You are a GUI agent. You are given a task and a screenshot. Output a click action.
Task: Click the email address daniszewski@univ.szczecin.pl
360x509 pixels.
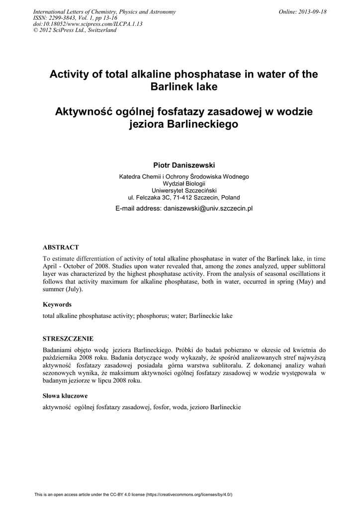208,208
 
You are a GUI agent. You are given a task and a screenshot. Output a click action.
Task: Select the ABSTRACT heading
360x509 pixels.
61,247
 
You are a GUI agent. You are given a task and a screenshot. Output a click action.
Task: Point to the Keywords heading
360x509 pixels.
57,304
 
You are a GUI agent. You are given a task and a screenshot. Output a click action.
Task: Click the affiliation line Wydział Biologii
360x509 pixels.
184,183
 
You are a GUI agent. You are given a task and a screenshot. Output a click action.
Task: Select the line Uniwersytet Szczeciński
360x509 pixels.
184,190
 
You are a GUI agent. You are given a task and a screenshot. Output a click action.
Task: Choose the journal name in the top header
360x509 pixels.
103,11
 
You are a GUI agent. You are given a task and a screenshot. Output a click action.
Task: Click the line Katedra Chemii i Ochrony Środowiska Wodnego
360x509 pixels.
184,176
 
